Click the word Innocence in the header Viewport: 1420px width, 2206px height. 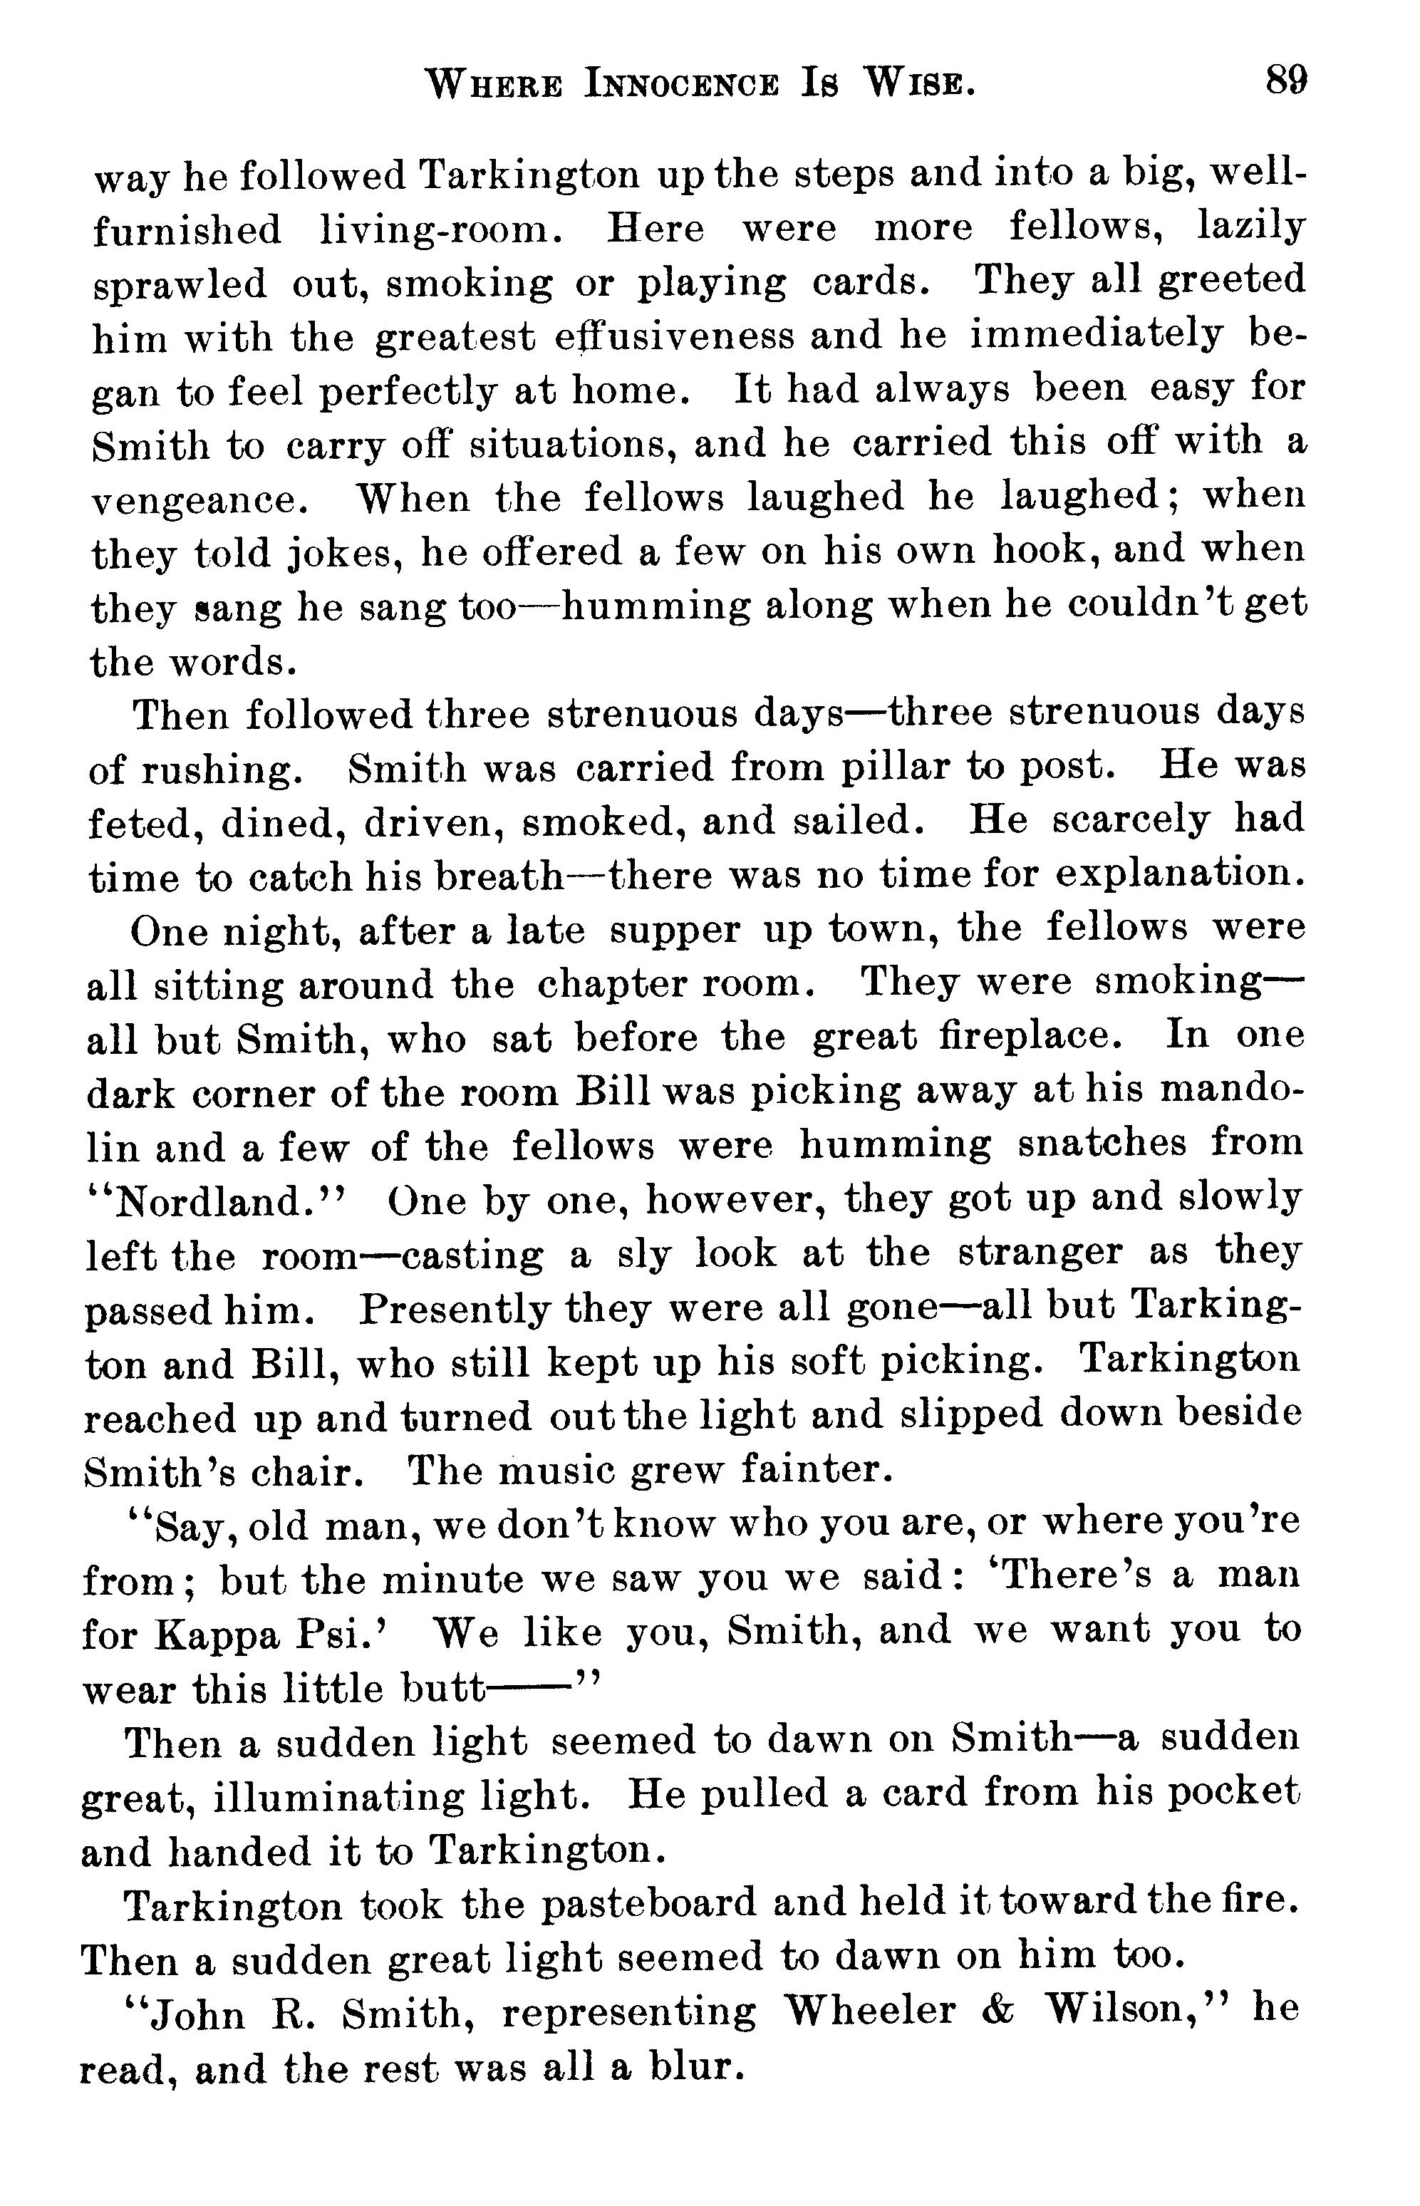pyautogui.click(x=683, y=86)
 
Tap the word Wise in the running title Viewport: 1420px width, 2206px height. pyautogui.click(x=918, y=86)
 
